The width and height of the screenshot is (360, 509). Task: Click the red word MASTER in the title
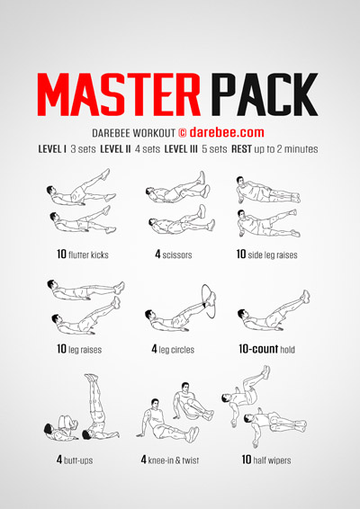point(119,94)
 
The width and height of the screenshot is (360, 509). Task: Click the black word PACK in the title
point(265,94)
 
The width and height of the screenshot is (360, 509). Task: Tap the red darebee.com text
point(227,132)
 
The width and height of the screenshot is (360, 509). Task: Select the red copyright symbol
point(183,133)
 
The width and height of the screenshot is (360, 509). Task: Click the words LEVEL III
point(181,149)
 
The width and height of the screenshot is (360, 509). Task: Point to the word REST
point(241,149)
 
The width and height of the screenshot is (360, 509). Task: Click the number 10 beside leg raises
point(61,349)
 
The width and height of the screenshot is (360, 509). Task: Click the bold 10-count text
point(258,349)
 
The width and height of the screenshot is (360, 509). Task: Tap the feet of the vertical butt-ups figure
point(91,377)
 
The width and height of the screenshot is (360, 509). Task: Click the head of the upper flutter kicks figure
point(50,190)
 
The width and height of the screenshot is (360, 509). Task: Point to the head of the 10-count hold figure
point(242,314)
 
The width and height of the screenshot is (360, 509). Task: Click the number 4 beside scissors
point(157,254)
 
